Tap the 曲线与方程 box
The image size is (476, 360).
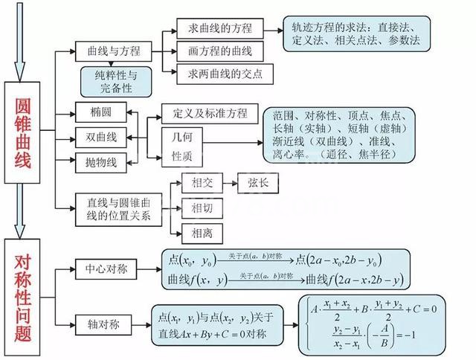[113, 51]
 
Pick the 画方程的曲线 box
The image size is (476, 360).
[216, 51]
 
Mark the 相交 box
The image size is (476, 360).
[202, 184]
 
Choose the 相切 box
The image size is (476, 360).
[202, 208]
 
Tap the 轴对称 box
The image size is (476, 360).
[105, 325]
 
